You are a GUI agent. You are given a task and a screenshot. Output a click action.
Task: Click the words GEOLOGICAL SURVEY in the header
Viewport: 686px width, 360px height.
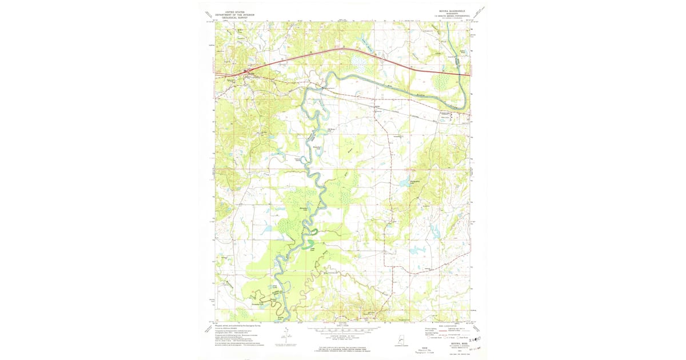[x=237, y=18]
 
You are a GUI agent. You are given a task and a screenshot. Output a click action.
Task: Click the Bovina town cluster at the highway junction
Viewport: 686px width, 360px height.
[x=247, y=73]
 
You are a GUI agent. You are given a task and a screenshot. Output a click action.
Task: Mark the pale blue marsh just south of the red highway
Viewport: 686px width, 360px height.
[x=359, y=59]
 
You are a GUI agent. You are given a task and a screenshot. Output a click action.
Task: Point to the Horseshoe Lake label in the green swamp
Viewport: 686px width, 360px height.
[x=305, y=210]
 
